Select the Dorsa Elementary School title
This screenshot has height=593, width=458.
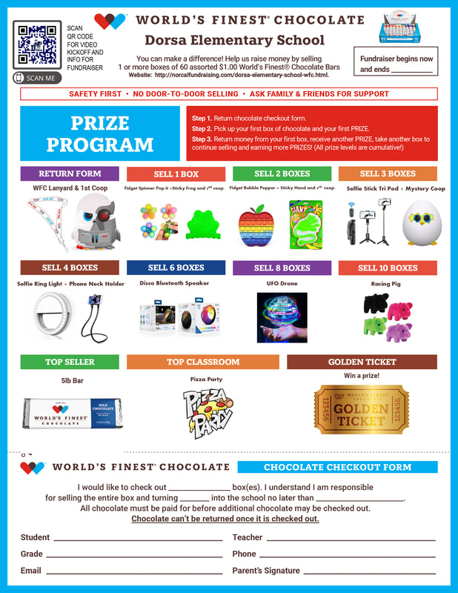234,40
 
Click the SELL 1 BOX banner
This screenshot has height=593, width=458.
176,173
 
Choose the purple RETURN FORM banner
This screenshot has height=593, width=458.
70,173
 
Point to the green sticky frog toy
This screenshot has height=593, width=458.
199,222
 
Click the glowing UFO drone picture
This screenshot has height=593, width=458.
282,317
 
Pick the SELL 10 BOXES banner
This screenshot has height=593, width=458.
388,268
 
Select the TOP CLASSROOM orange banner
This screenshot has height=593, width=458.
202,362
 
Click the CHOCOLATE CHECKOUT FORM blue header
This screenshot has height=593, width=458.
337,467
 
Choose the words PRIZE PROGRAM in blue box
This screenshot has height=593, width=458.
100,133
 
